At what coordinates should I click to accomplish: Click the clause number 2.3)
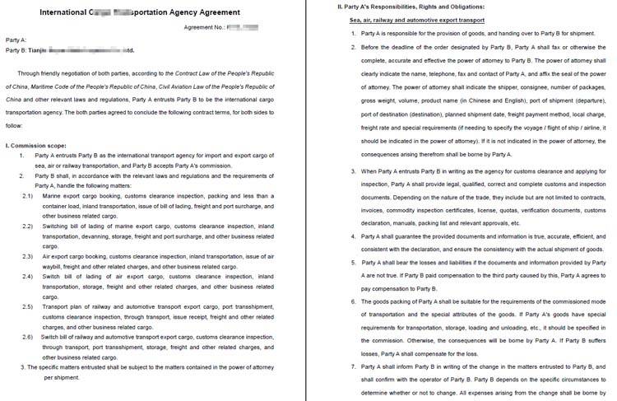[x=27, y=258]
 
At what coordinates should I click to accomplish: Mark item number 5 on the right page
[x=354, y=262]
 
